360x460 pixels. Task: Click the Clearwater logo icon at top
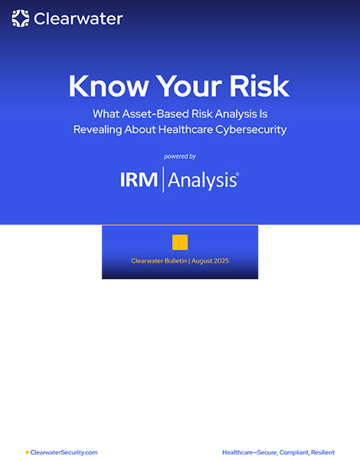[20, 18]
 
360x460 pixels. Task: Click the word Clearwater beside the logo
[78, 19]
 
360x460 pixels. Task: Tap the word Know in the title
[109, 86]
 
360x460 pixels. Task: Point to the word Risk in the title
[260, 86]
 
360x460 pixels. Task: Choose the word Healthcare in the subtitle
[185, 130]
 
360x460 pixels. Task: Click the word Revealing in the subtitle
[97, 130]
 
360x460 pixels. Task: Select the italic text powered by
[180, 156]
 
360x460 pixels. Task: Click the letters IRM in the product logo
[139, 179]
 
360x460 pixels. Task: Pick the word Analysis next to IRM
[203, 180]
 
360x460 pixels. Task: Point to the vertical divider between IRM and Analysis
[163, 179]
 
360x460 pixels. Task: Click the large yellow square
[180, 242]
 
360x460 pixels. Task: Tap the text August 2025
[210, 261]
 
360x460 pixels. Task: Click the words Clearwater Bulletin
[159, 261]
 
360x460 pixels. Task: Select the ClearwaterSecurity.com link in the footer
[64, 452]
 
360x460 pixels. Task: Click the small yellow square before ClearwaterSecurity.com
[28, 452]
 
